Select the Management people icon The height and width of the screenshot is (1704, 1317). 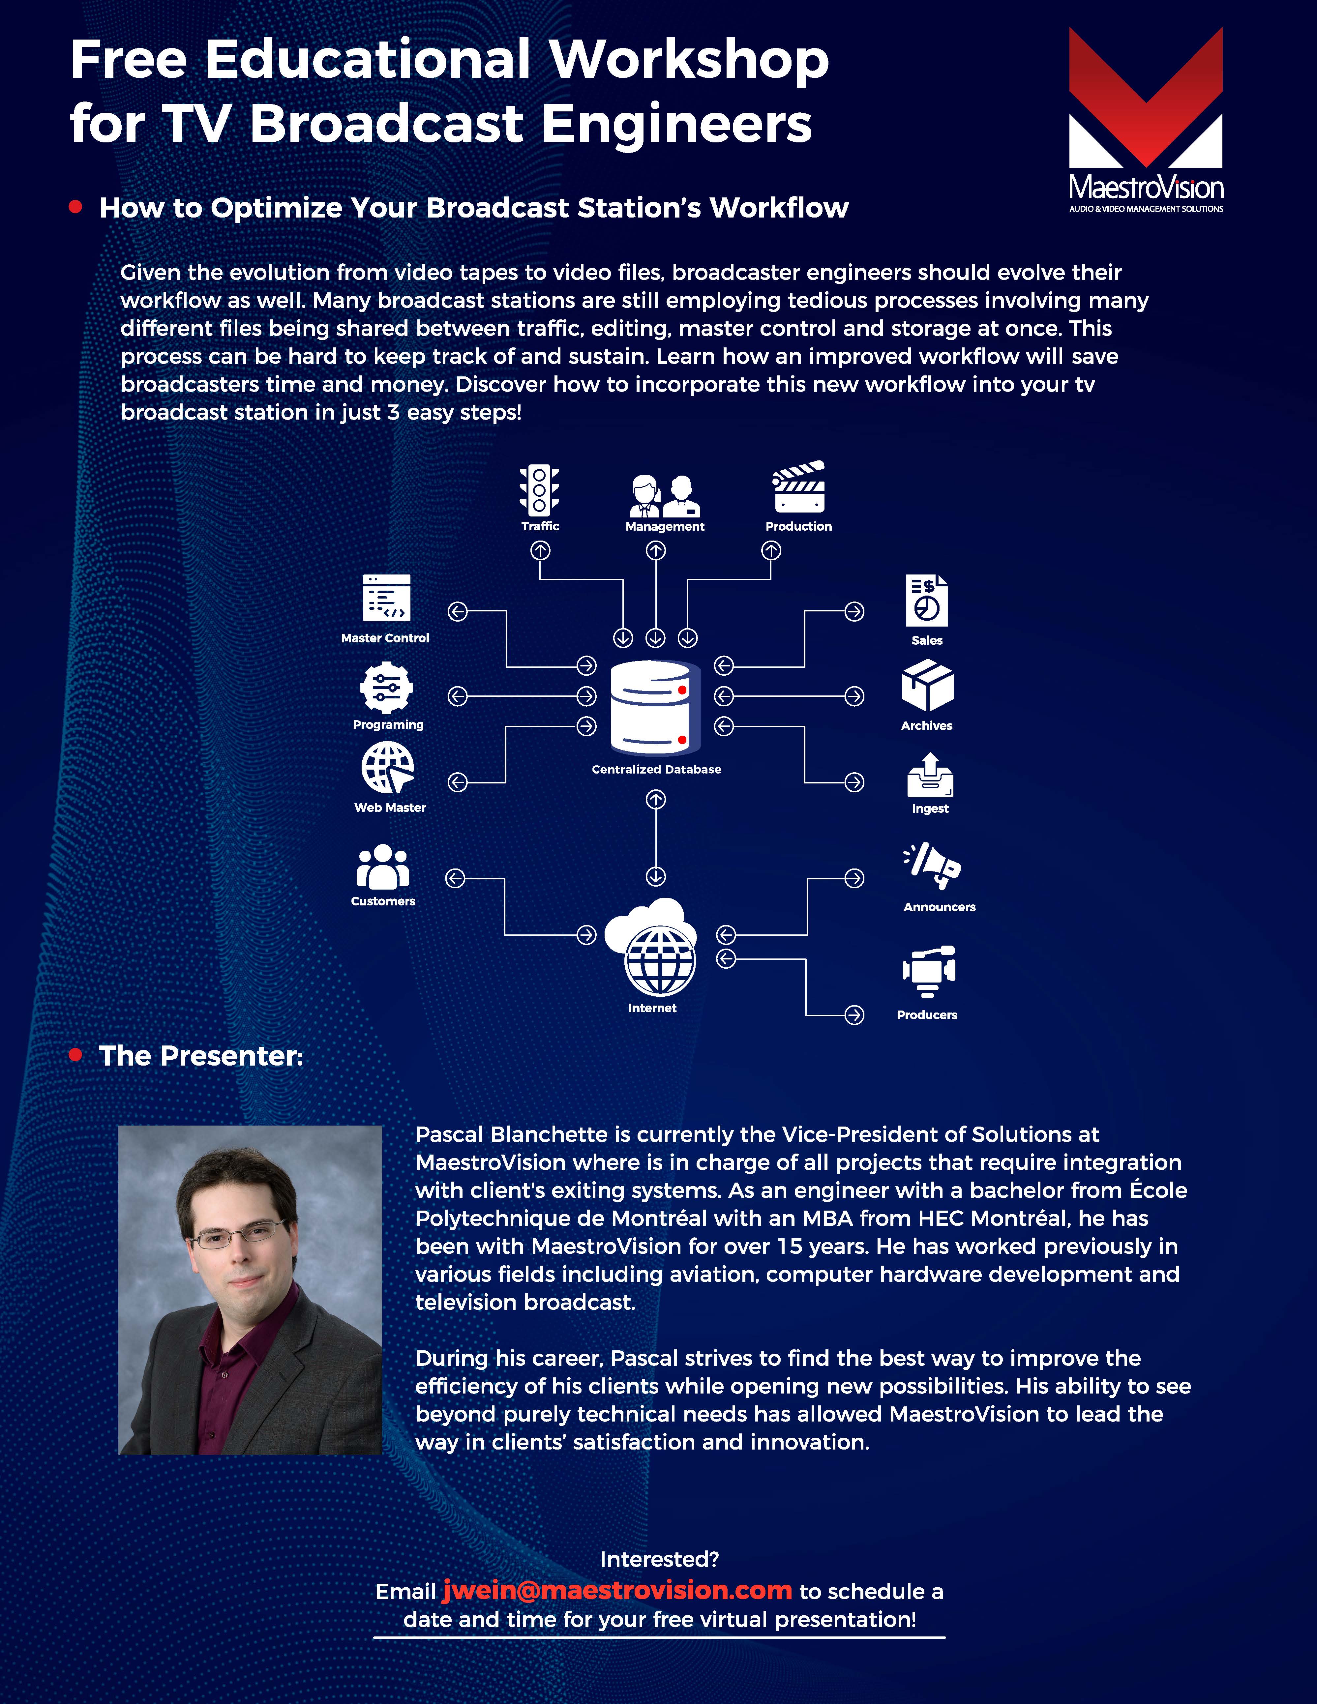(665, 496)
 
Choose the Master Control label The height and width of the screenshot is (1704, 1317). (385, 638)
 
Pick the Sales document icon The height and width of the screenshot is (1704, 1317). (927, 601)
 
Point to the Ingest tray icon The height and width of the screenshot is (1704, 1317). (930, 776)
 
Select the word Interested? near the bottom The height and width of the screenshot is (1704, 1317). (659, 1560)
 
